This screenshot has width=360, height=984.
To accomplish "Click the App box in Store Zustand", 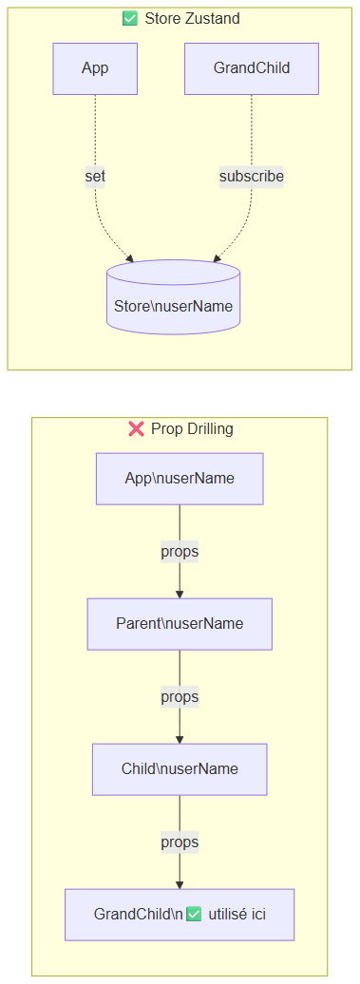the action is [95, 69].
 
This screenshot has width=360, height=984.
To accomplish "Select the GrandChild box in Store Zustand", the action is [252, 69].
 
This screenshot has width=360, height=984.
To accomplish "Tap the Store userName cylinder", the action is [174, 297].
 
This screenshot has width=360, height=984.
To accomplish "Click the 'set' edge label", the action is [95, 177].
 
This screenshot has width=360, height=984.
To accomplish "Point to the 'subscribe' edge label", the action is [252, 177].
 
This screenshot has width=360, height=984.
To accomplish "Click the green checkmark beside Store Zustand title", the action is [130, 19].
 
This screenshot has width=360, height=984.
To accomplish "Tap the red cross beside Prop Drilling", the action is [136, 428].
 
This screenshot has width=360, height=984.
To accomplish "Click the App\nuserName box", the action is [180, 478].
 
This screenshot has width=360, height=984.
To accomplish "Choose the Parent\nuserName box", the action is [180, 624].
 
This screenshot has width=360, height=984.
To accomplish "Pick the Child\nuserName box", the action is [180, 768].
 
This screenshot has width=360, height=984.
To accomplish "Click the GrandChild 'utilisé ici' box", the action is [180, 915].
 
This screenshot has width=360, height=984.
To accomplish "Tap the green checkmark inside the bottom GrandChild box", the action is [195, 915].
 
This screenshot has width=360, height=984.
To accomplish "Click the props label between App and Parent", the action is [180, 552].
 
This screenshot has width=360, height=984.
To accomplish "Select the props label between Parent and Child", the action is [180, 696].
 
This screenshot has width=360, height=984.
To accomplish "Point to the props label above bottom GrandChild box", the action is [180, 842].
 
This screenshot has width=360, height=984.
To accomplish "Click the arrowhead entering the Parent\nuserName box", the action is [180, 595].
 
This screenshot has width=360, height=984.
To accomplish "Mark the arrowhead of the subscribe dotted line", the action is [217, 258].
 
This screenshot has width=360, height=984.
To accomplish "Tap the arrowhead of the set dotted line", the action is [130, 258].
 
